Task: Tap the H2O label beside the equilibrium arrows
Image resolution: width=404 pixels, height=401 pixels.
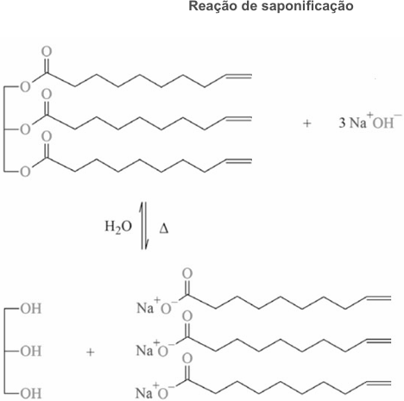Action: [x=118, y=227]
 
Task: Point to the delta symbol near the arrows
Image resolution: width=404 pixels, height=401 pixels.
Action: [x=164, y=229]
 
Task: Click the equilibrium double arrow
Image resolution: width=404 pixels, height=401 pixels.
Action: [x=144, y=226]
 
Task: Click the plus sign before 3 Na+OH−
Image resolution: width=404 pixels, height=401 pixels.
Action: [x=307, y=123]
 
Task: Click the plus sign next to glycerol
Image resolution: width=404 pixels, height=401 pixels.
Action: [x=91, y=352]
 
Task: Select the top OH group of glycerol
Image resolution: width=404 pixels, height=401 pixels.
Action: [x=31, y=309]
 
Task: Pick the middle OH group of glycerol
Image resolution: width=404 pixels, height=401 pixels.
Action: [x=31, y=351]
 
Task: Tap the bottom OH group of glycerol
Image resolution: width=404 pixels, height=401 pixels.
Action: [x=31, y=393]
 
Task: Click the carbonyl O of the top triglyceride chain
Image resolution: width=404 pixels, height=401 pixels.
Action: [x=47, y=52]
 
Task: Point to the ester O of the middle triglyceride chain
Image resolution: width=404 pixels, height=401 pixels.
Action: [x=25, y=129]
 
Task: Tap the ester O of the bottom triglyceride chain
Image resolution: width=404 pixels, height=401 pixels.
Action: [x=25, y=172]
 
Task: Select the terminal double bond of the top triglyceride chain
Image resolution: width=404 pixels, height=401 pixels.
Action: [x=238, y=76]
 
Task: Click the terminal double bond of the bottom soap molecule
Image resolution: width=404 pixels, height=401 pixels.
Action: [x=379, y=383]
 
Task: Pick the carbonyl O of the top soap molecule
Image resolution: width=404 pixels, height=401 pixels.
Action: [x=187, y=274]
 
